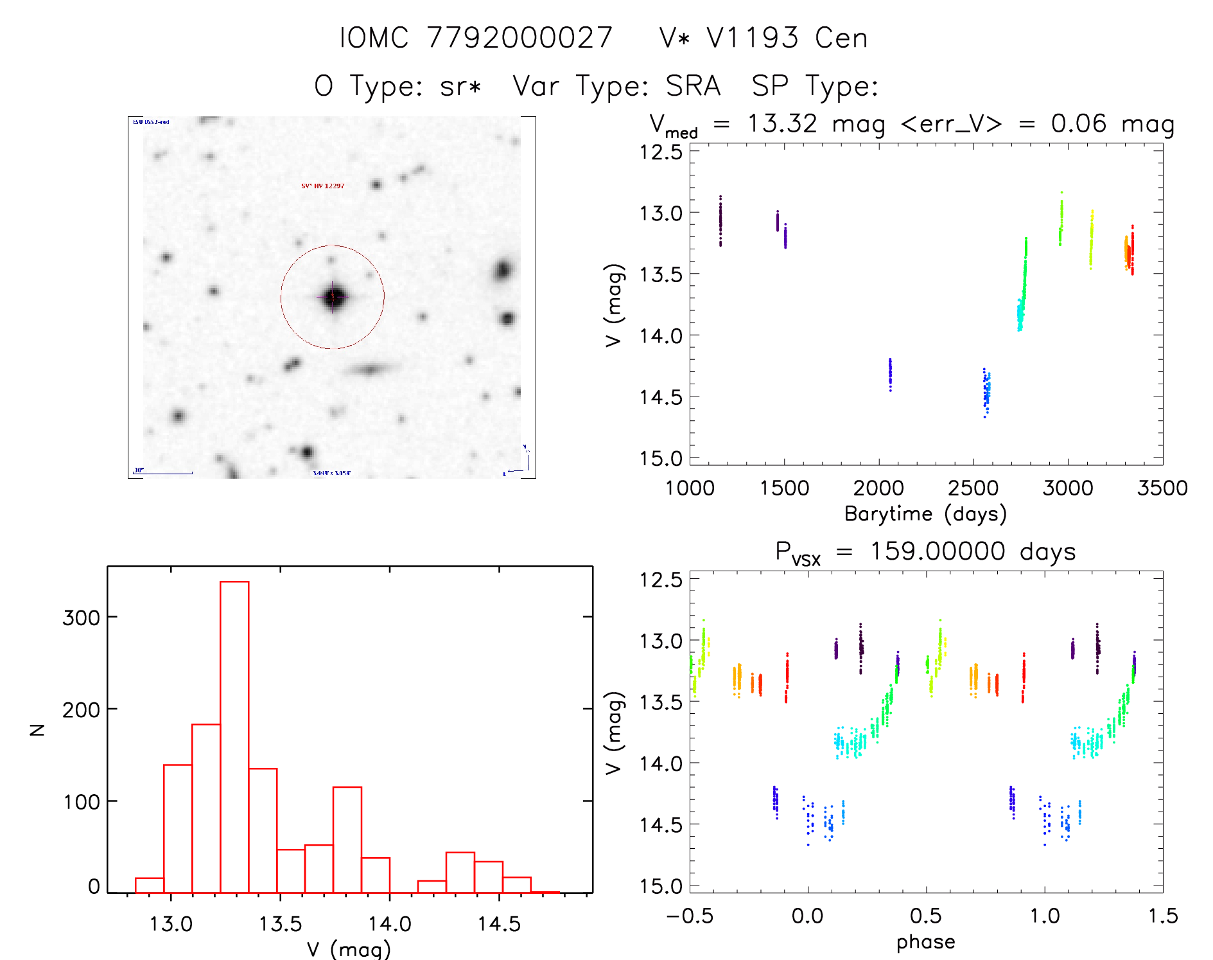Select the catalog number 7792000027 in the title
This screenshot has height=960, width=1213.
pyautogui.click(x=519, y=38)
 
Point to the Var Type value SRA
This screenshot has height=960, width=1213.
pyautogui.click(x=693, y=86)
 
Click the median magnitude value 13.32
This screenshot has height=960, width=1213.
pyautogui.click(x=782, y=123)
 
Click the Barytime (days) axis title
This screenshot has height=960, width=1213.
pyautogui.click(x=925, y=514)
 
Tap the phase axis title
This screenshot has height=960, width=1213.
pyautogui.click(x=925, y=942)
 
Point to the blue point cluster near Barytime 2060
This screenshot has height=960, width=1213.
pyautogui.click(x=890, y=375)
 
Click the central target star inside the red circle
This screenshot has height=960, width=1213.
pyautogui.click(x=333, y=297)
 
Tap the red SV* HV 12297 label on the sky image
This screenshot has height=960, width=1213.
pyautogui.click(x=323, y=186)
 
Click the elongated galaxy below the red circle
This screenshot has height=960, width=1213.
pyautogui.click(x=371, y=369)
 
